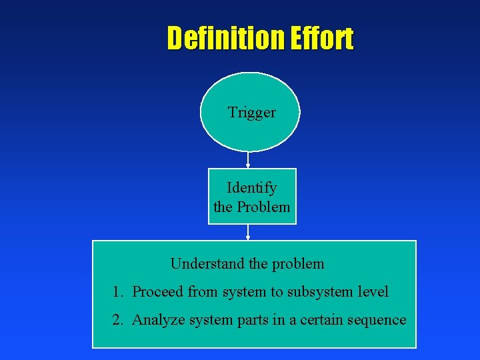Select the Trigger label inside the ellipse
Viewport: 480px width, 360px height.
251,113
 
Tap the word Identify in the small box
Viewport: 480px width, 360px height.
251,188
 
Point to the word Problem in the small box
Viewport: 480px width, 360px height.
264,207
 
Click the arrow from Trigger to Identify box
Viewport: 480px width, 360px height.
248,160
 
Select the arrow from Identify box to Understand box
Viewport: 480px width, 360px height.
248,232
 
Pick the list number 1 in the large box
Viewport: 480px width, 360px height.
118,292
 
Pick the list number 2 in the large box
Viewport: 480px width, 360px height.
118,320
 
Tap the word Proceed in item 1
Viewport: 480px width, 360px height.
158,292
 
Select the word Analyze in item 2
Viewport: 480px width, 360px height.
158,320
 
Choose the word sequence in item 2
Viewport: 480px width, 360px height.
378,320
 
